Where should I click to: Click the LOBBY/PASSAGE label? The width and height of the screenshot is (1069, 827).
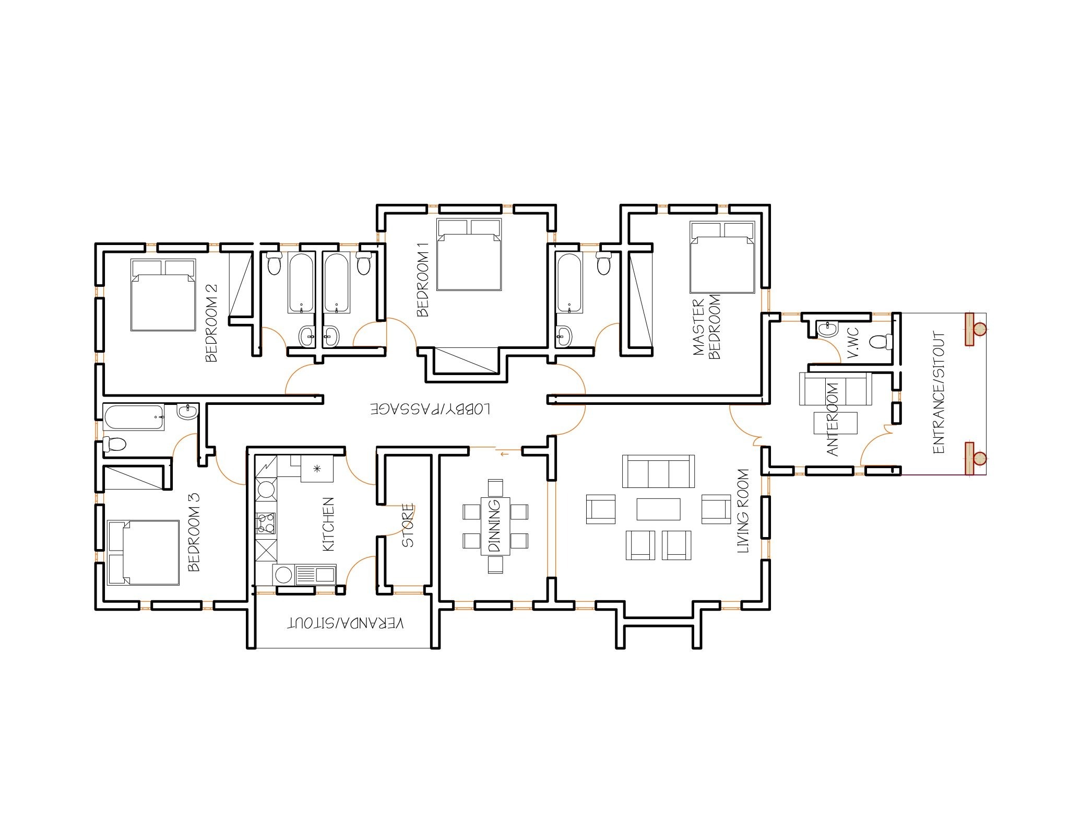click(431, 409)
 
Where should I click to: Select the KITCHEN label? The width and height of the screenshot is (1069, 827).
click(328, 524)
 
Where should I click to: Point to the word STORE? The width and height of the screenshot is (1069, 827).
click(408, 525)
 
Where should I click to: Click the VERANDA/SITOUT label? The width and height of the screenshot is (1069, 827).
click(346, 623)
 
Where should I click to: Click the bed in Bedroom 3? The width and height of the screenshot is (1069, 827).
click(143, 552)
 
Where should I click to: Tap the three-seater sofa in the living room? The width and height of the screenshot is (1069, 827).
click(658, 471)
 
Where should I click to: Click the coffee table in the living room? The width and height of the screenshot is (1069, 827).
click(658, 509)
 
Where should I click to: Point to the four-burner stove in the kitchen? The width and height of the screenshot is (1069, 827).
click(266, 523)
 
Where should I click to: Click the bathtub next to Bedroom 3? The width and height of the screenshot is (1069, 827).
click(134, 417)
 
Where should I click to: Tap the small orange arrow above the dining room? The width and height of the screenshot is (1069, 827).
click(504, 454)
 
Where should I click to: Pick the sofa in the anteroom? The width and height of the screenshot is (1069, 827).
click(835, 388)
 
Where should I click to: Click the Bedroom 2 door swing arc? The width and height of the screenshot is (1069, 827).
click(301, 378)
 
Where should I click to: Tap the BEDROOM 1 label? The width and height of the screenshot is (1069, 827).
click(423, 279)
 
